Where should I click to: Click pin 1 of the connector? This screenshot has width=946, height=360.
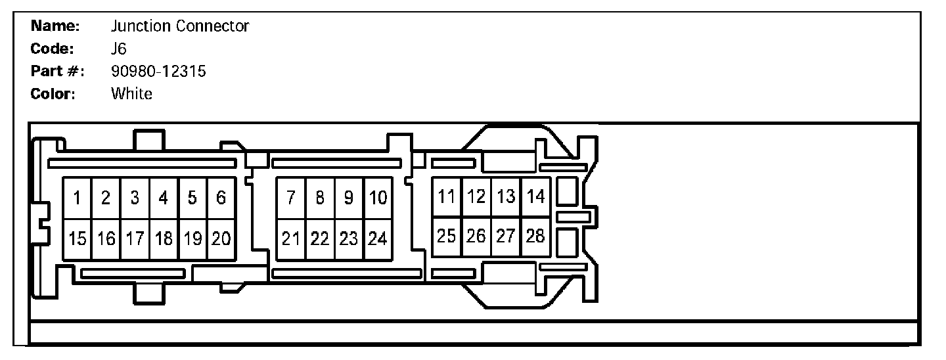pos(77,198)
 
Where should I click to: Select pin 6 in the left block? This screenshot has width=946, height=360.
pos(221,198)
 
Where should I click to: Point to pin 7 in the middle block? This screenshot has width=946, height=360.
pos(291,198)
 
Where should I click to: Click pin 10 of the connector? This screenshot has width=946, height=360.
pos(378,198)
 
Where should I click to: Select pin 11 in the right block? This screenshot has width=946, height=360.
pos(447,196)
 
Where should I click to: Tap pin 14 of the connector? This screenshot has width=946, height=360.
pos(535,196)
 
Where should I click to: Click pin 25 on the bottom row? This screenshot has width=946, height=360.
pos(447,236)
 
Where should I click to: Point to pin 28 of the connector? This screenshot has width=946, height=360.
pos(535,236)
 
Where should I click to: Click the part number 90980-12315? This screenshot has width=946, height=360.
pos(158,71)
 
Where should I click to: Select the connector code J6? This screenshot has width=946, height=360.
pos(119,49)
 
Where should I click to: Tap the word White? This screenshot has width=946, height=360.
pos(131,93)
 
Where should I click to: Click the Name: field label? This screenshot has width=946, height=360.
pos(55,26)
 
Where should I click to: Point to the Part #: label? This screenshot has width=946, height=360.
pos(58,71)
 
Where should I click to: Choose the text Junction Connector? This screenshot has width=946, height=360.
pos(180,26)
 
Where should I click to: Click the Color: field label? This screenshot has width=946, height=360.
pos(53,93)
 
